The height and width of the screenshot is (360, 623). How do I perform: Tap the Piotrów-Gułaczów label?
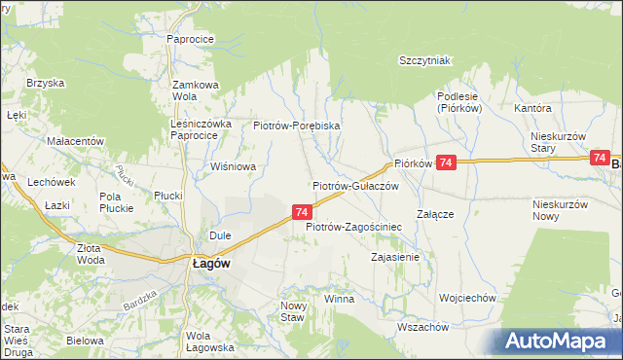click(355, 186)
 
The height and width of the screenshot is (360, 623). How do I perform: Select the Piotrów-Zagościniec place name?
click(354, 227)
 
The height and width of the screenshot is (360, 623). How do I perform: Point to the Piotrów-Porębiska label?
click(296, 126)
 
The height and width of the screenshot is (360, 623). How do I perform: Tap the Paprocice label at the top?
click(191, 39)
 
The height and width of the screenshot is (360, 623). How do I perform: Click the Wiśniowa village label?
click(233, 166)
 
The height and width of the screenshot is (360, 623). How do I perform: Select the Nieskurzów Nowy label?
click(560, 210)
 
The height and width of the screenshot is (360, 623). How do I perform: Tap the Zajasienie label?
click(394, 258)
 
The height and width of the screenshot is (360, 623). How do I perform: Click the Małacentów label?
click(75, 141)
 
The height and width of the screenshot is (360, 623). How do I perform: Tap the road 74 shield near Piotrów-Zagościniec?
click(302, 211)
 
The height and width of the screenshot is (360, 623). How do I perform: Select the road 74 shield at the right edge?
click(600, 158)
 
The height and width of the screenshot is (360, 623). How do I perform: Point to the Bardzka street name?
click(142, 299)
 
